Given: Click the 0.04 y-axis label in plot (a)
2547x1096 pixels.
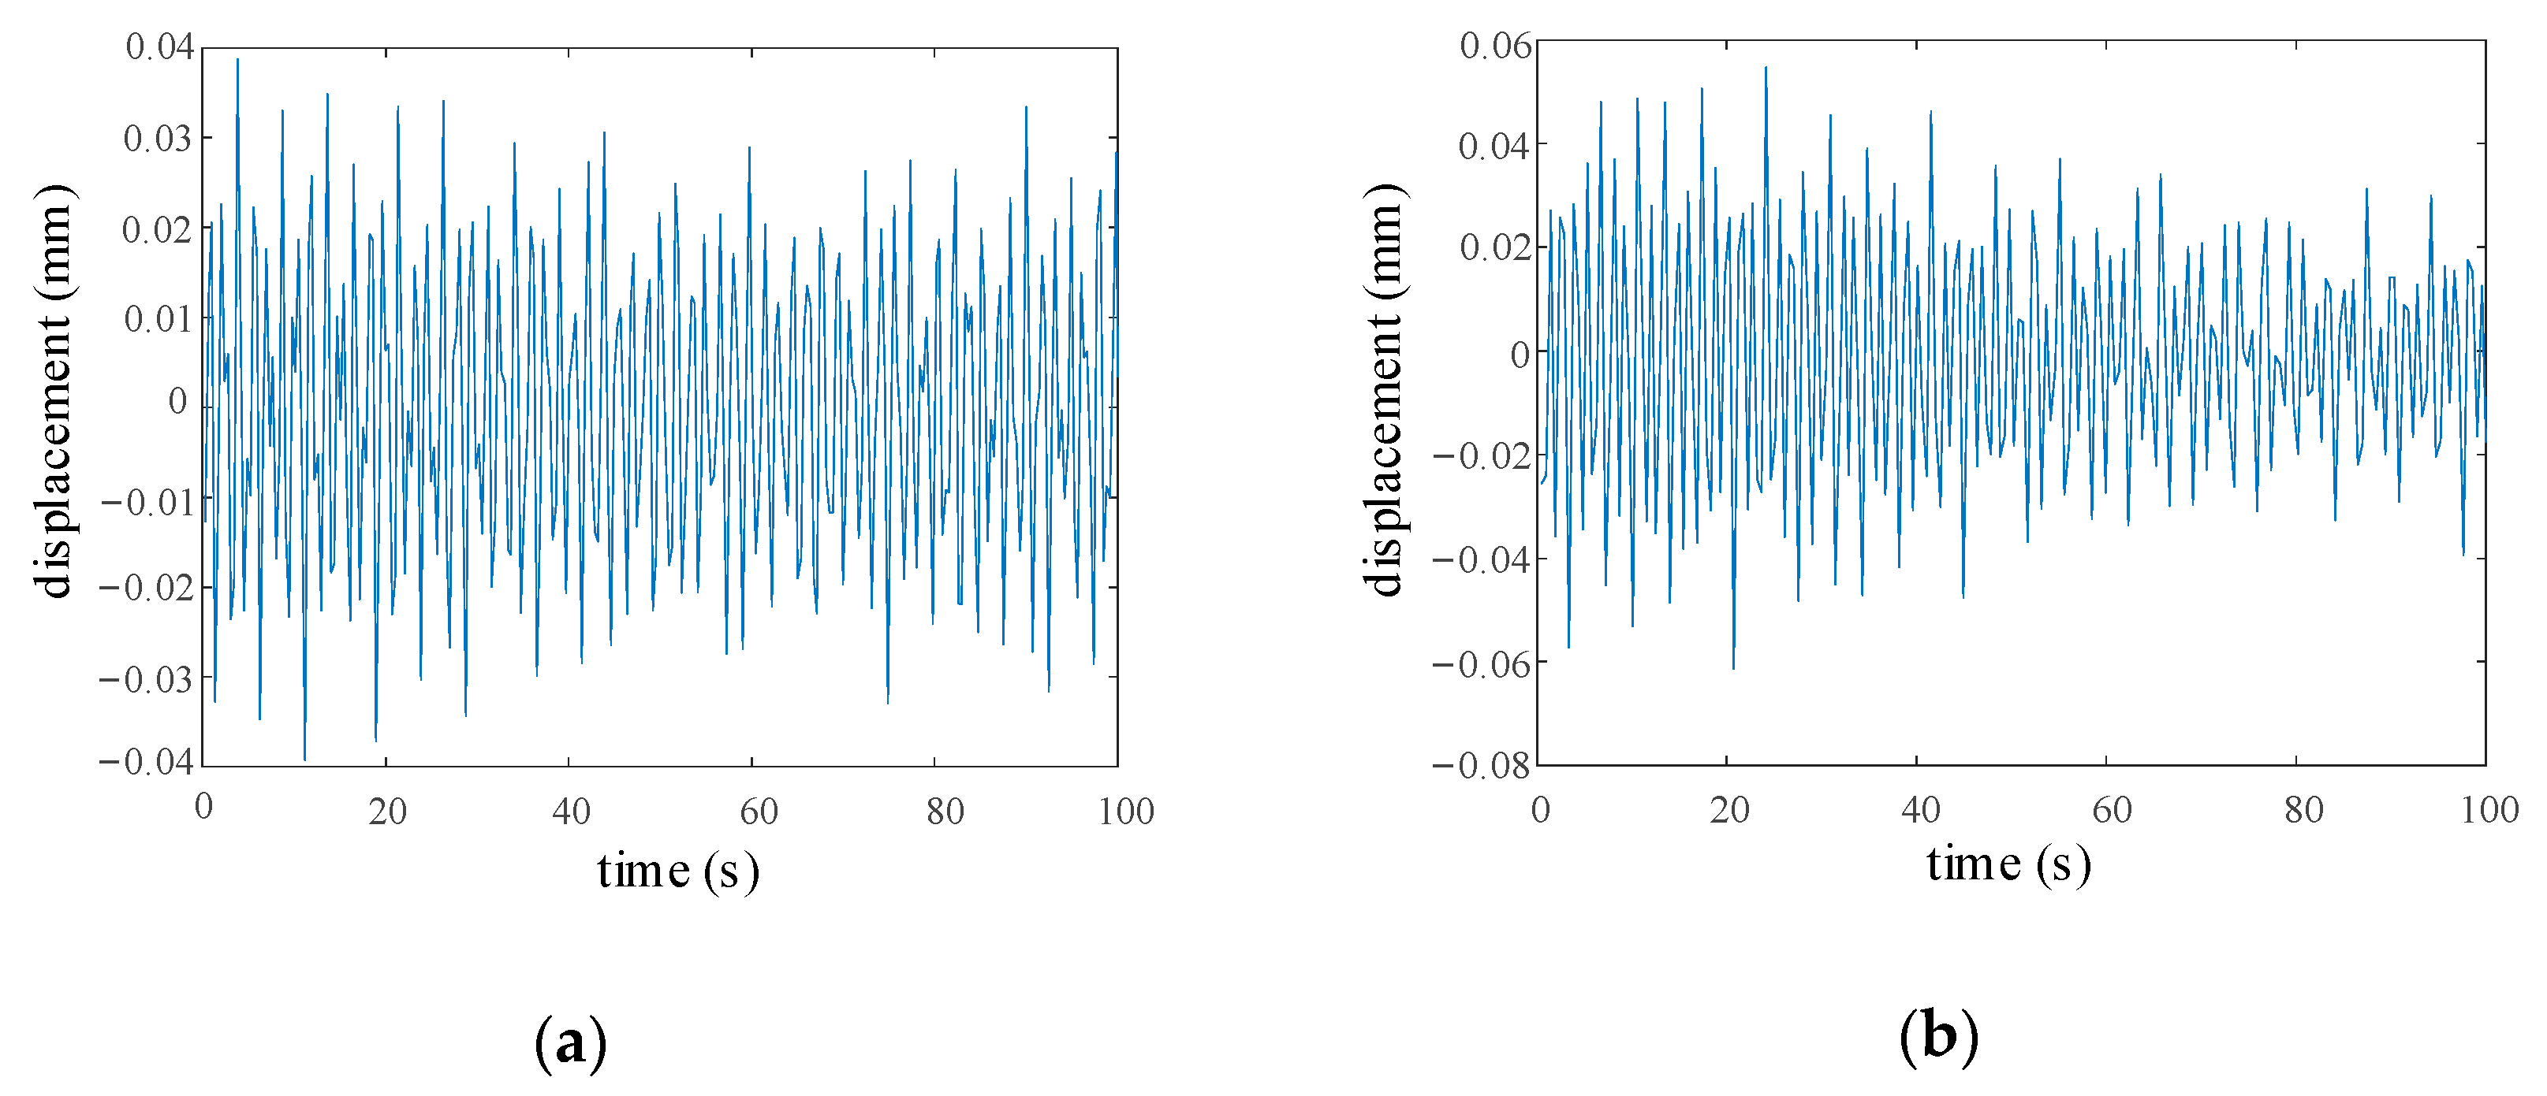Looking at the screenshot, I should click(159, 46).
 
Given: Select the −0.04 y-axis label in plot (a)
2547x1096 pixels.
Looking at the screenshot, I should click(147, 761).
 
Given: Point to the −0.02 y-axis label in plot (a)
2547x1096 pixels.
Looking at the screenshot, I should click(147, 588).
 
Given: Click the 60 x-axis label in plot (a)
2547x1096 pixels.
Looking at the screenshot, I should click(759, 812).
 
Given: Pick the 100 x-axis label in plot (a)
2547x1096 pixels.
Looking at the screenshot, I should click(1126, 812).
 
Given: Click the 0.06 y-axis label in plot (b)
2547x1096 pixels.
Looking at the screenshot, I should click(1495, 46).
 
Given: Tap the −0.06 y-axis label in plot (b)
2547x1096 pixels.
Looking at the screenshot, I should click(1481, 663).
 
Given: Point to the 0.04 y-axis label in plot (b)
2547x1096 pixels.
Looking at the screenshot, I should click(1494, 147).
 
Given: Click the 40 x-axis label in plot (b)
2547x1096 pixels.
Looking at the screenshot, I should click(1920, 809).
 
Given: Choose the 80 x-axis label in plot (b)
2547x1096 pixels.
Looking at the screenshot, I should click(2304, 809).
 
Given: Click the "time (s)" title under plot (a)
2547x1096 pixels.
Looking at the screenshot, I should click(678, 871).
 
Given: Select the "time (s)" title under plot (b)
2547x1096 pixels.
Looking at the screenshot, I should click(2008, 864).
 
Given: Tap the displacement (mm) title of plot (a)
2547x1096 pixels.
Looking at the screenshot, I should click(54, 392).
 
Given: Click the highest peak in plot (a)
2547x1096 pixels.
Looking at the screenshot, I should click(237, 59).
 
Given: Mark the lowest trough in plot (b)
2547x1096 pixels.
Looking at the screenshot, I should click(1733, 669).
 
